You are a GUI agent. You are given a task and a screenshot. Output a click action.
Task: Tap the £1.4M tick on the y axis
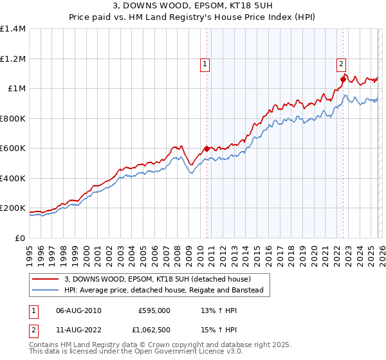[x=13, y=29]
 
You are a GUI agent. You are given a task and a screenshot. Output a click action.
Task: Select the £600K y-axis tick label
[x=13, y=148]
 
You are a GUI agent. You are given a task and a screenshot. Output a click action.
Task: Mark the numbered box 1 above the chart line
[x=205, y=63]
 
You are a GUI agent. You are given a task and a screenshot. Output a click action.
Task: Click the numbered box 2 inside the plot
[x=341, y=63]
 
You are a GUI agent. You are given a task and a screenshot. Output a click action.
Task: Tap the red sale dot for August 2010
[x=207, y=149]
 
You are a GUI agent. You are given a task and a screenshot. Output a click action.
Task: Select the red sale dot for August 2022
[x=343, y=79]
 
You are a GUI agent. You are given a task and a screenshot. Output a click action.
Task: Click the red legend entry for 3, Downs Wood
[x=161, y=279]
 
